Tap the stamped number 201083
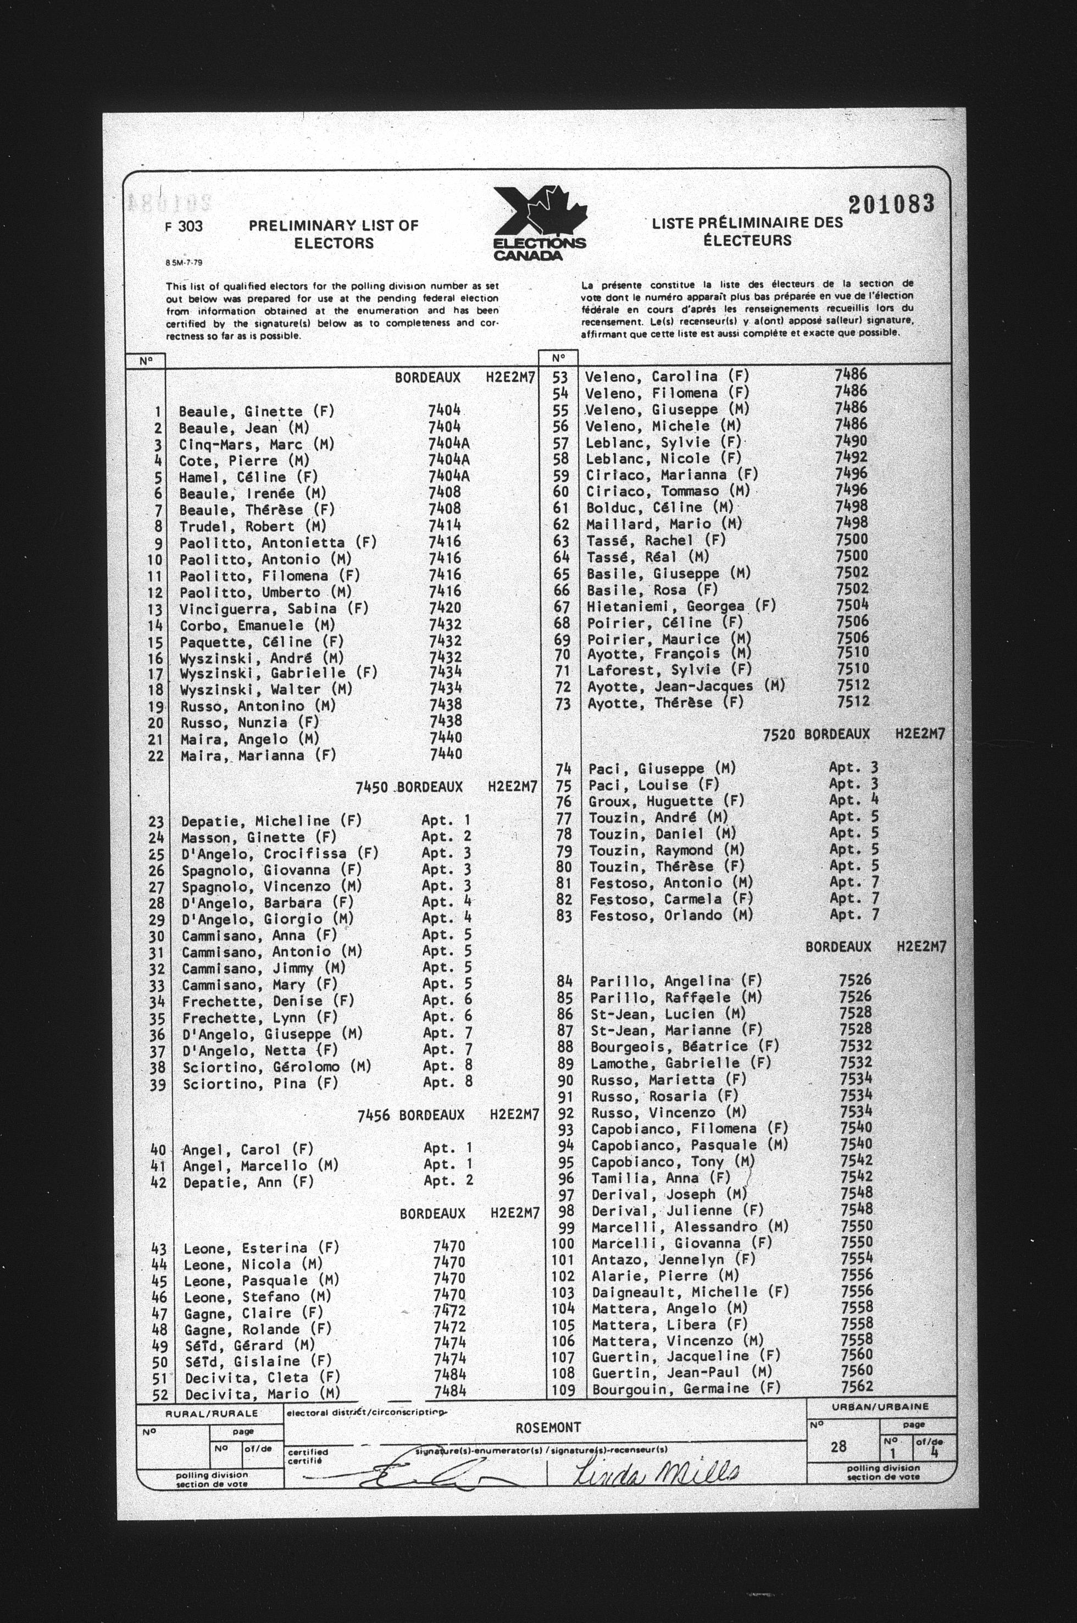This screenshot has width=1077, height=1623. pyautogui.click(x=891, y=204)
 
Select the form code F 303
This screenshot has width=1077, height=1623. pyautogui.click(x=184, y=226)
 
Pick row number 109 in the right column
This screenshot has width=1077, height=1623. pyautogui.click(x=563, y=1389)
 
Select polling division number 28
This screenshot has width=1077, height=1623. pyautogui.click(x=838, y=1447)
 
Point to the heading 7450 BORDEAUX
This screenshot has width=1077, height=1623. pyautogui.click(x=409, y=787)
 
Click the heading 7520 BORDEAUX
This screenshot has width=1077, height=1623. pyautogui.click(x=816, y=735)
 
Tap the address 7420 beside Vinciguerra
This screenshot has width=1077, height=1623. pyautogui.click(x=445, y=608)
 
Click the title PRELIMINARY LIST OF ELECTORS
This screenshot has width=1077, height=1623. pyautogui.click(x=334, y=234)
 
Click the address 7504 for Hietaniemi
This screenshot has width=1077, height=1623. pyautogui.click(x=852, y=605)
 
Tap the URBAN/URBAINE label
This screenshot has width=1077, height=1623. pyautogui.click(x=880, y=1406)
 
